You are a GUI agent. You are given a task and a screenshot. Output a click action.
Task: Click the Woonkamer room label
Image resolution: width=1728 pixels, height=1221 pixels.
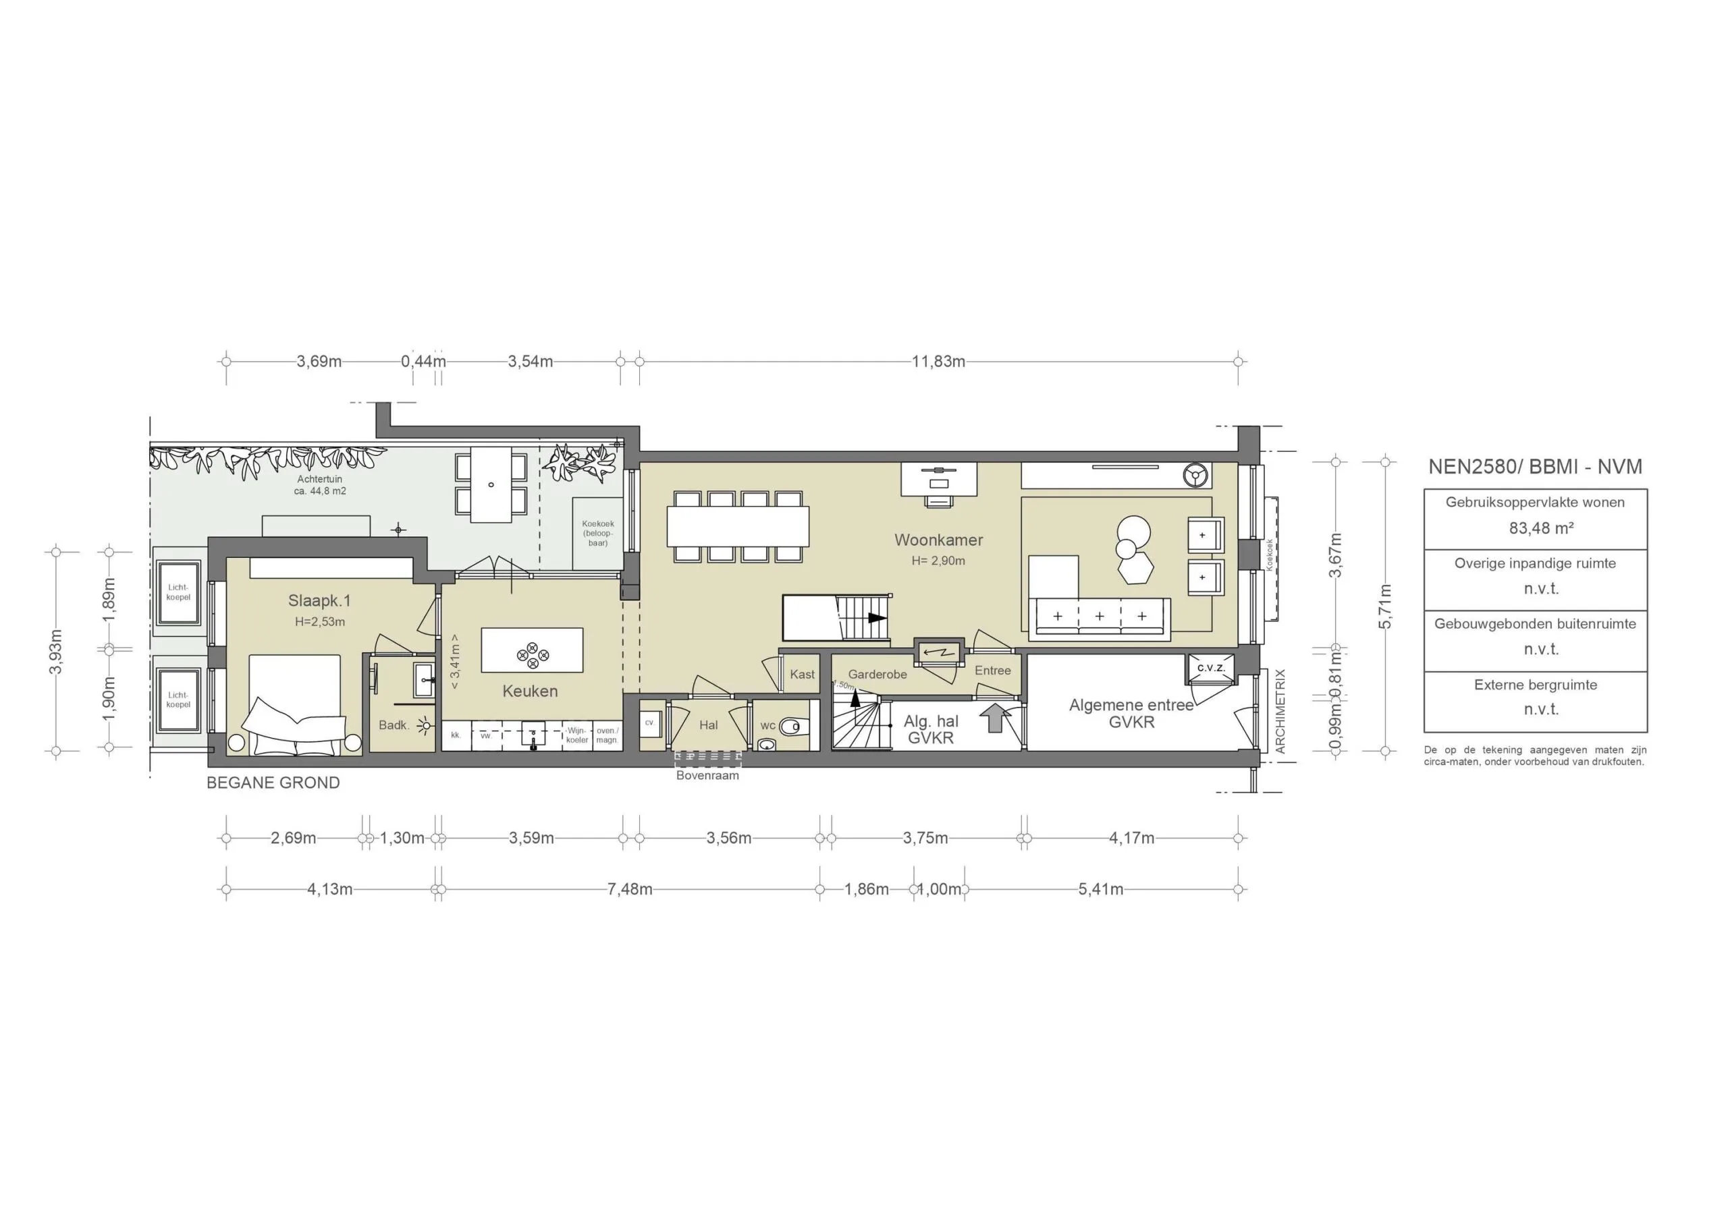tap(938, 540)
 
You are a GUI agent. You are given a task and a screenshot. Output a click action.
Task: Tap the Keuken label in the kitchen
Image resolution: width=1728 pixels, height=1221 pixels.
tap(530, 691)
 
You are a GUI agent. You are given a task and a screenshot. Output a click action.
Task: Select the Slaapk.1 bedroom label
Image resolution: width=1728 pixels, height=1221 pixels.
tap(319, 600)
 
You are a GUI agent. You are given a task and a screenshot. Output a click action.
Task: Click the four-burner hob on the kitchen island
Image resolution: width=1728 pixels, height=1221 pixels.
tap(532, 654)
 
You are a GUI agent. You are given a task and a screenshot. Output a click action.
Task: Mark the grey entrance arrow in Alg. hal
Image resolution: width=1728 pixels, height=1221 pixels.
tap(994, 718)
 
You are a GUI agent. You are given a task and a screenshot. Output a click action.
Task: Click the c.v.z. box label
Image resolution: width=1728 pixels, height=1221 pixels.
tap(1210, 667)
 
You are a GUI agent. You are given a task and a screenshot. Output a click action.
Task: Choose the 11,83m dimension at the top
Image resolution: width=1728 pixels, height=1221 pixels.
tap(938, 361)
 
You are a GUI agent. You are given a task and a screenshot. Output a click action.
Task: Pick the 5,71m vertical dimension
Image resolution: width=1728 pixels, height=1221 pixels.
tap(1385, 606)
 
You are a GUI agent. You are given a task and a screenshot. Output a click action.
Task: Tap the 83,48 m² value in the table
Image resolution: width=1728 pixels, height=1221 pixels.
tap(1540, 528)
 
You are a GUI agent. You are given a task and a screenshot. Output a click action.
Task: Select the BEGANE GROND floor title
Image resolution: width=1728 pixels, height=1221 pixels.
tap(273, 783)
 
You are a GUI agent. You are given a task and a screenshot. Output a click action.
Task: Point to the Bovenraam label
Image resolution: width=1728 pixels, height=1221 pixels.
tap(707, 775)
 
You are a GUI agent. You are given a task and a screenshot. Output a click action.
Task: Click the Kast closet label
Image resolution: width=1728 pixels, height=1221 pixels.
tap(803, 674)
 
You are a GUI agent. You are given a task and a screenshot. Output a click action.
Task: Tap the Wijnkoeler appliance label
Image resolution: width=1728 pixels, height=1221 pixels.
tap(577, 735)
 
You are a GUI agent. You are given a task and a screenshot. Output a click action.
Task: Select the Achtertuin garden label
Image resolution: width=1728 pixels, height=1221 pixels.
tap(320, 479)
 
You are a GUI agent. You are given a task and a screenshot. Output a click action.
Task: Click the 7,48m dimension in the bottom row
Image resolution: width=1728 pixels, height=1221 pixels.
tap(630, 889)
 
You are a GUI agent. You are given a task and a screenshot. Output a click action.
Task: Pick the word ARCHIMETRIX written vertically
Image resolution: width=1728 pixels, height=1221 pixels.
tap(1280, 711)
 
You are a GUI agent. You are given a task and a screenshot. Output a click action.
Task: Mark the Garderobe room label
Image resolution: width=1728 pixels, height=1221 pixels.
tap(878, 674)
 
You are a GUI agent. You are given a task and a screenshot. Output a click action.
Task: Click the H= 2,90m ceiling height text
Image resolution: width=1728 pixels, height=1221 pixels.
tap(938, 561)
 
